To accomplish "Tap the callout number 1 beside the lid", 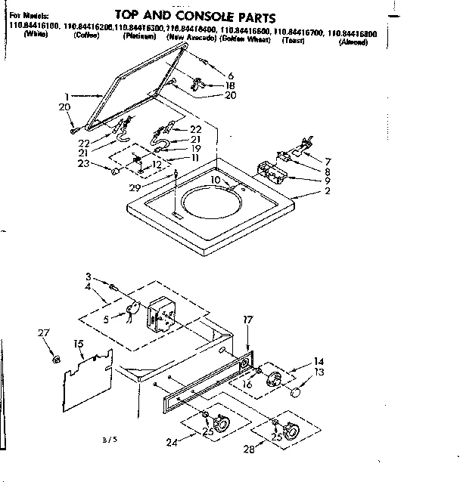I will point(67,96).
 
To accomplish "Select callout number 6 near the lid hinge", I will point(231,76).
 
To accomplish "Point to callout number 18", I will point(231,86).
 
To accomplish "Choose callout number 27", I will point(43,332).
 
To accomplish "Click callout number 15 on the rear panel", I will point(78,345).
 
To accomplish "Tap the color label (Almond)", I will point(353,42).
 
